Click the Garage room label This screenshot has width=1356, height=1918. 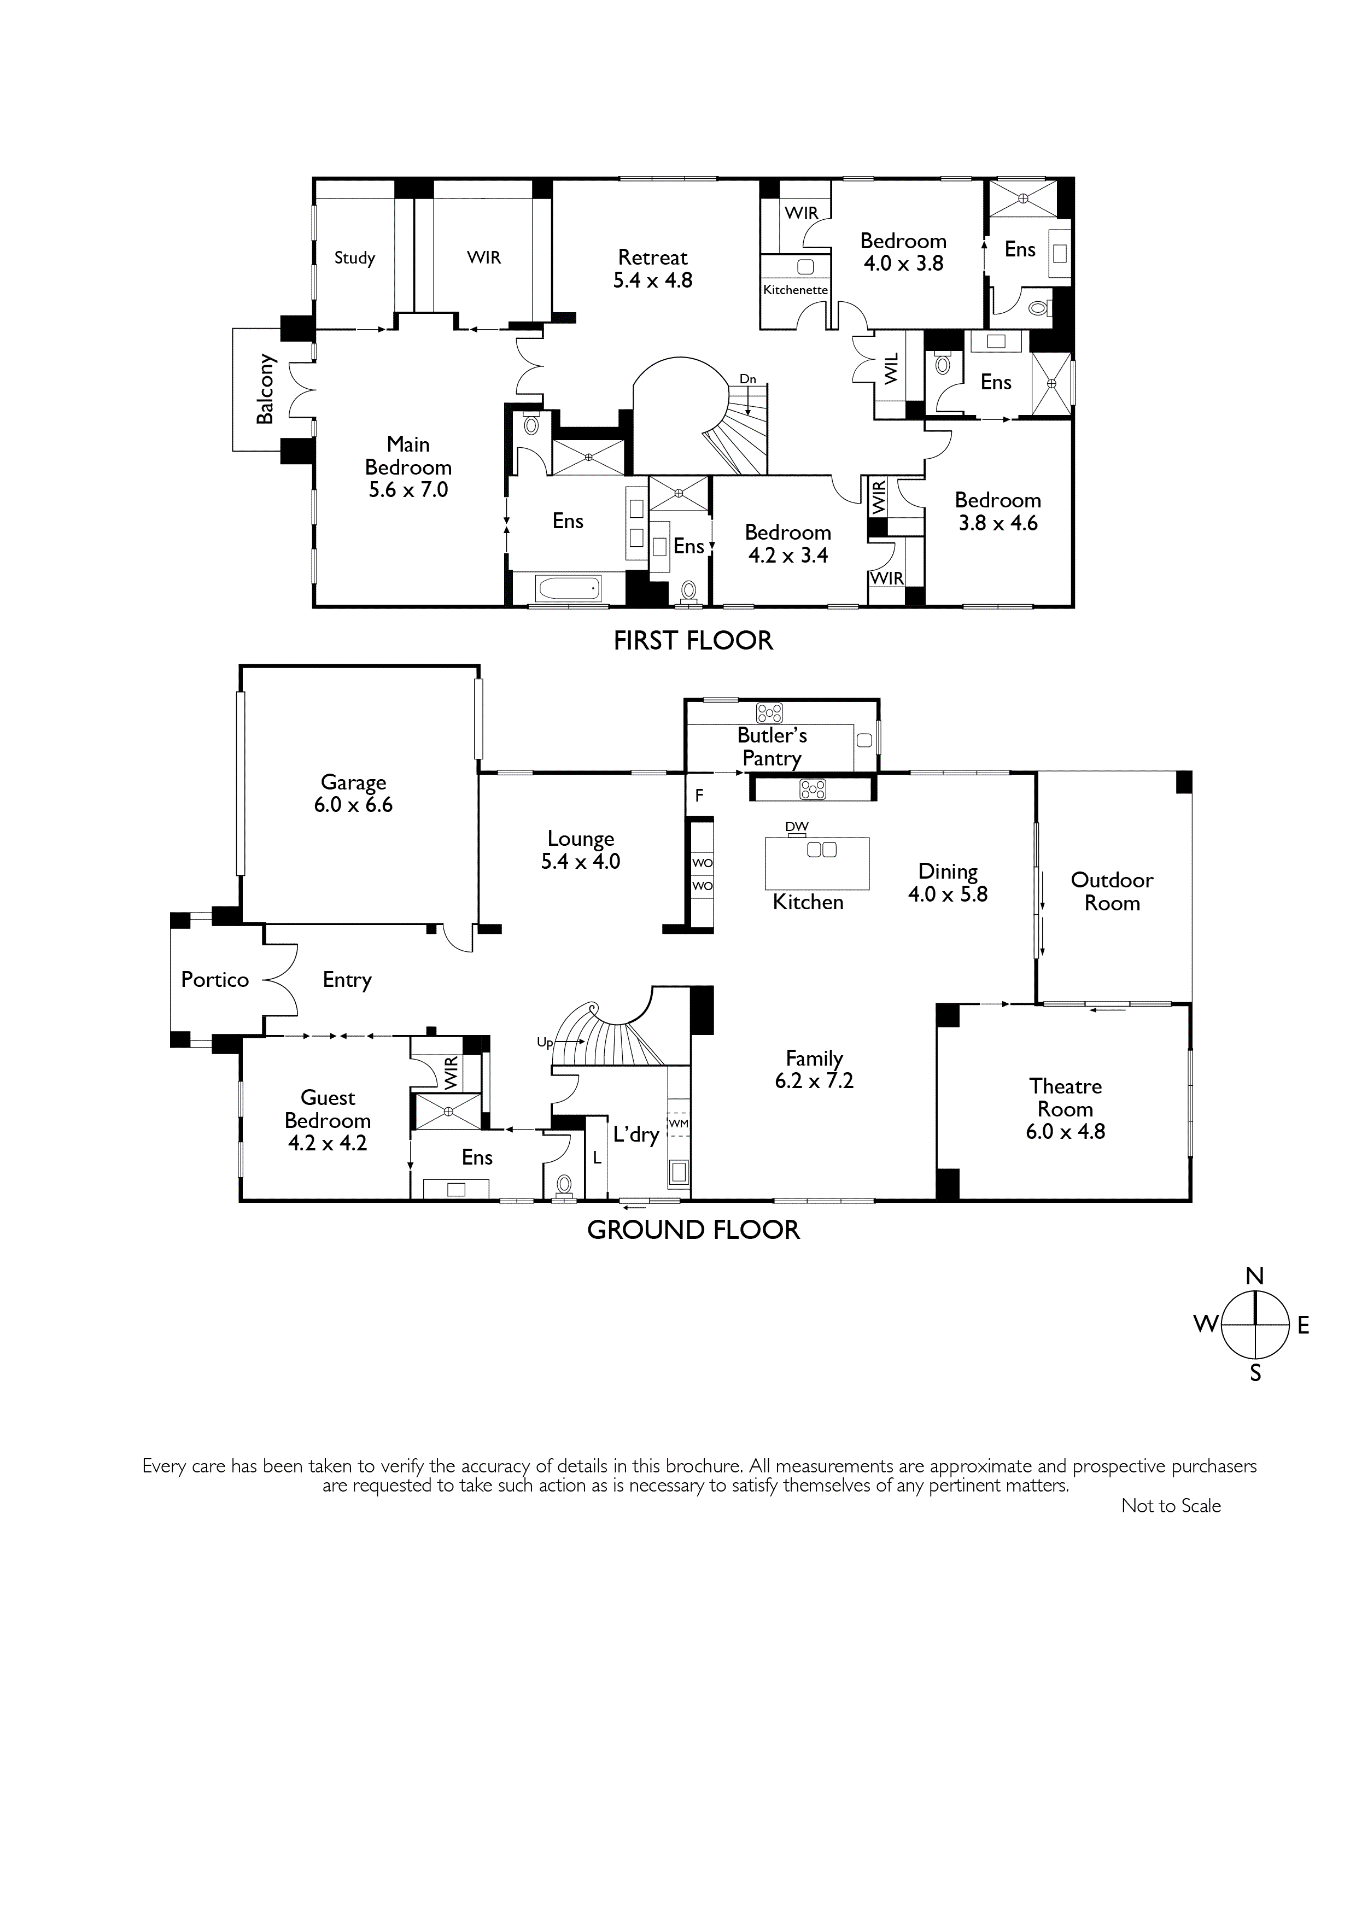[353, 793]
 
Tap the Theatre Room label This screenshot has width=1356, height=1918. [1065, 1108]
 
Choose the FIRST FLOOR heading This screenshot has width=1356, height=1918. [693, 641]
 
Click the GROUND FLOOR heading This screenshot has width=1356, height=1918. [693, 1230]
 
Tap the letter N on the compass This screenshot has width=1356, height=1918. [1254, 1276]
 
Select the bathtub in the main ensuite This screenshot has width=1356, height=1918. [569, 589]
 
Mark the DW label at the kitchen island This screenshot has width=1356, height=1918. [797, 826]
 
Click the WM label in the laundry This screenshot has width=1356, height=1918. [679, 1124]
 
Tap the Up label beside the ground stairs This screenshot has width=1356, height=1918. [545, 1043]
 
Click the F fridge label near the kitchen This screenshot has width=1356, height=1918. [699, 796]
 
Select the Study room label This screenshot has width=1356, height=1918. [354, 258]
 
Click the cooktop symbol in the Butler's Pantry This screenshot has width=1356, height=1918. [769, 712]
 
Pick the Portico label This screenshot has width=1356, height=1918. [215, 979]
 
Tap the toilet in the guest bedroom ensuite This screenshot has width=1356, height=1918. [564, 1184]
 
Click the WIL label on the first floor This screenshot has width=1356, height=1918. [891, 369]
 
